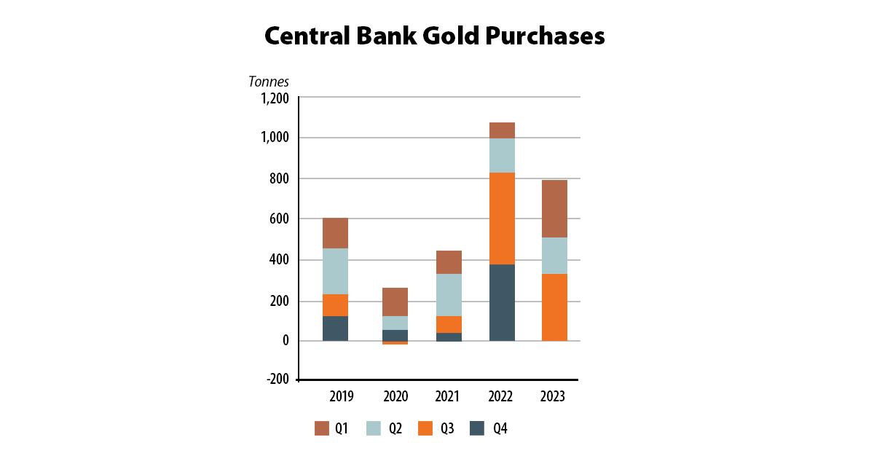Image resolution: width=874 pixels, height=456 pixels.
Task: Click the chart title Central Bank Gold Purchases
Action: point(435,35)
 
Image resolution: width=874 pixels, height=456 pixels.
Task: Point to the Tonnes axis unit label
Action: point(269,82)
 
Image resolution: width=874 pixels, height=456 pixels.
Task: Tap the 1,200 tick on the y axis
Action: point(274,98)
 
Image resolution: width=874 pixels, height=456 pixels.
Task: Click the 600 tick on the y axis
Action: point(280,219)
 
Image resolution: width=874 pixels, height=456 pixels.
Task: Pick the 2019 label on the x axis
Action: point(341,397)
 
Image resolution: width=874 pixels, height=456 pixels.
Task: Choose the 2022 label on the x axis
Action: point(501,397)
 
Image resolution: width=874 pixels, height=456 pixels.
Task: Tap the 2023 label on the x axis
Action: point(554,397)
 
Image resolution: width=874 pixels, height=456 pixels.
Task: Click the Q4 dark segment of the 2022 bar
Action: point(502,302)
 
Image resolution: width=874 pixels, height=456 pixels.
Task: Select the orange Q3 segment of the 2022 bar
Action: point(502,219)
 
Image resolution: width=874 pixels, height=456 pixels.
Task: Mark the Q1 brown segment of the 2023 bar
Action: point(554,208)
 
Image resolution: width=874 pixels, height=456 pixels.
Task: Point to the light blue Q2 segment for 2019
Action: point(335,271)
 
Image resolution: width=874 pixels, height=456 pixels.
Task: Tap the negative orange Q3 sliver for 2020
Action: point(395,342)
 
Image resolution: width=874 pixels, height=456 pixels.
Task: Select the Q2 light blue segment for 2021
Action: point(449,294)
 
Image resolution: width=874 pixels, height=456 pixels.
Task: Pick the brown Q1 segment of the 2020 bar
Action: point(395,302)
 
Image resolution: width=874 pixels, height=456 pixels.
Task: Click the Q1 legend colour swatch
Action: point(322,428)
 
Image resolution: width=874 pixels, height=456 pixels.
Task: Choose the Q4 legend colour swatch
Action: point(476,428)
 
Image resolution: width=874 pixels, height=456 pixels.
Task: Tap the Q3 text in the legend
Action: point(446,429)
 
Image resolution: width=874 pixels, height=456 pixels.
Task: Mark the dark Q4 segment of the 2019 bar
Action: point(335,328)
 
